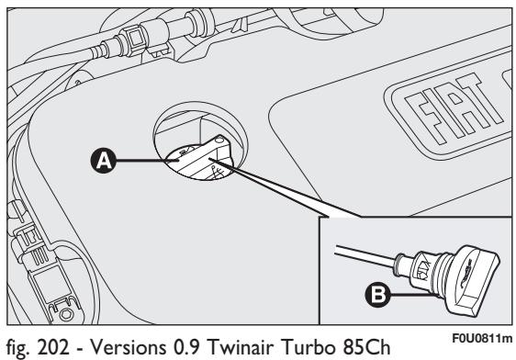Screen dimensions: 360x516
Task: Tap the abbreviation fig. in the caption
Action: [x=19, y=344]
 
